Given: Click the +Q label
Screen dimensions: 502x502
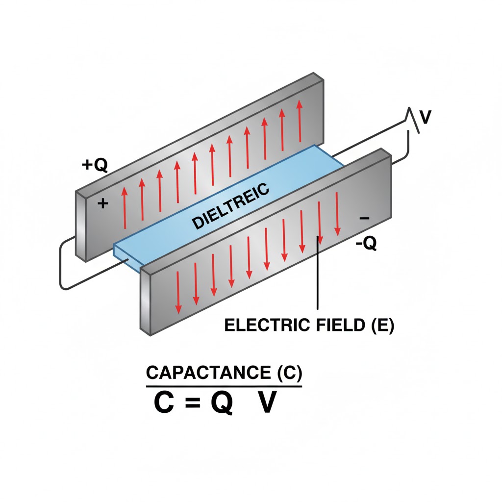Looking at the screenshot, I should (x=94, y=165).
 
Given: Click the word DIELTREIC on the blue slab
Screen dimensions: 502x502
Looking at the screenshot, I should (x=230, y=206).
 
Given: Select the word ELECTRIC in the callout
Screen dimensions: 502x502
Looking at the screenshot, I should (x=263, y=326).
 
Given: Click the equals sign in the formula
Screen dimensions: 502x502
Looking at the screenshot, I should (x=195, y=404).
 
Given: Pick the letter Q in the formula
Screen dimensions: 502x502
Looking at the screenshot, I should (x=222, y=404).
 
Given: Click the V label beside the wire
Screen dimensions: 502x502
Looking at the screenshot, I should (x=426, y=117).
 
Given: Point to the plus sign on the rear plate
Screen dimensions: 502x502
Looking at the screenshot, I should (x=103, y=203).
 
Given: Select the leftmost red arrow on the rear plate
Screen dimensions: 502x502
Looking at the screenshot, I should (x=125, y=208).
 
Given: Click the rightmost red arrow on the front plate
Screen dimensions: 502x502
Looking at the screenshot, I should (x=337, y=214).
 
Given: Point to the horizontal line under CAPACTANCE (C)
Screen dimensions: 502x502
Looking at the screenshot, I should (x=224, y=386).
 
